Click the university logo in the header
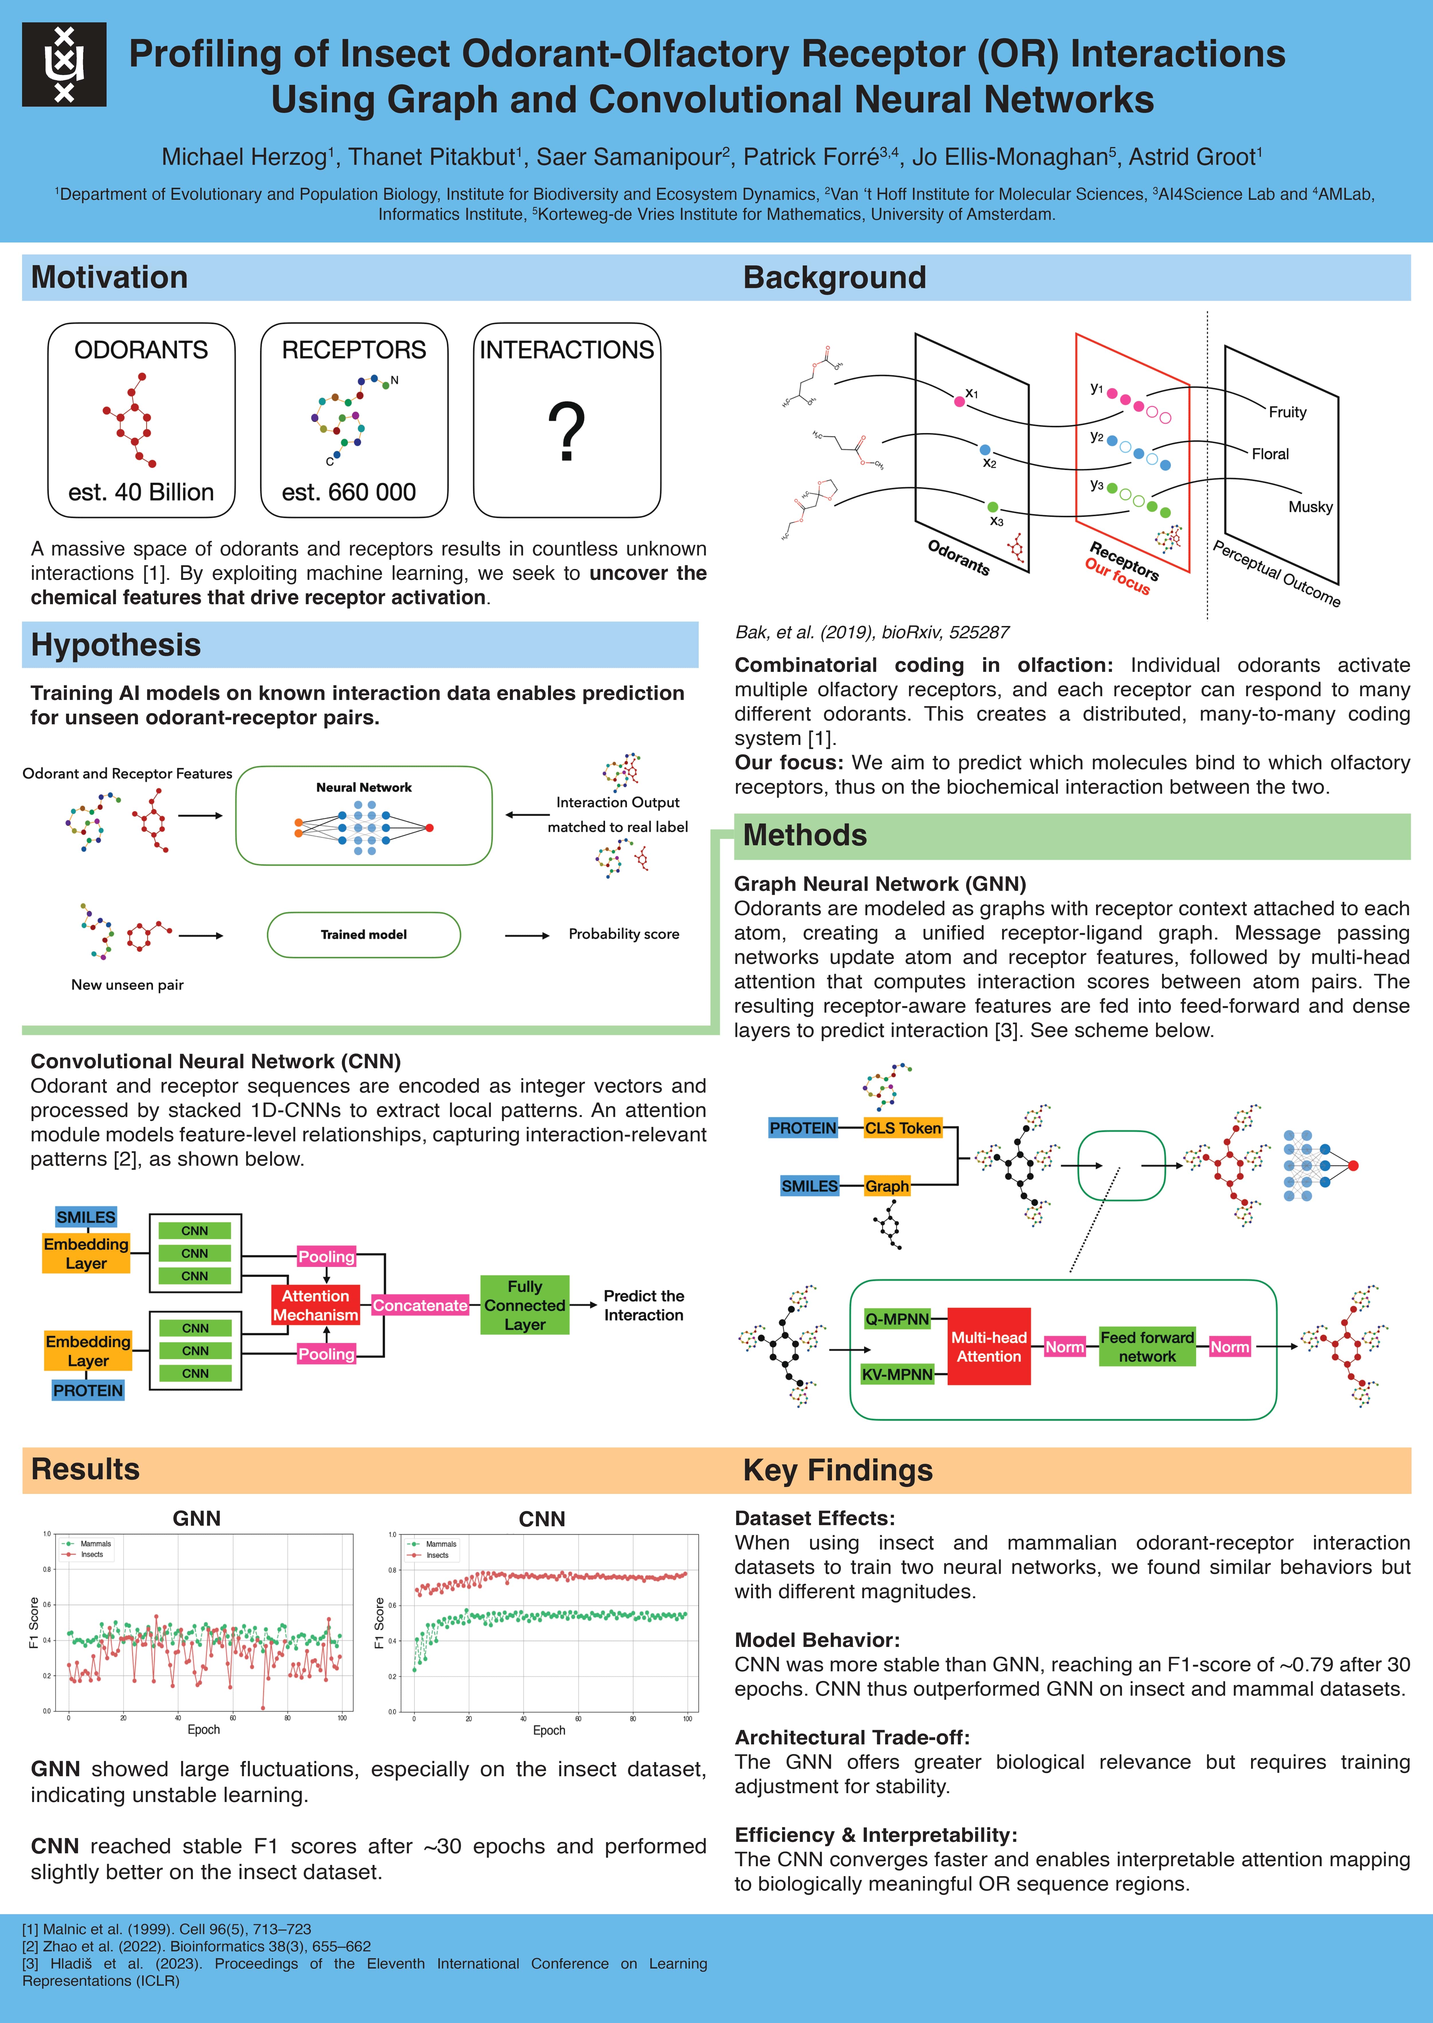point(64,64)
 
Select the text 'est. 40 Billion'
point(141,492)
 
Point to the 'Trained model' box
point(364,935)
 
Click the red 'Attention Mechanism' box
point(315,1305)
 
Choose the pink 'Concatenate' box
point(420,1305)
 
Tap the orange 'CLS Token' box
point(903,1128)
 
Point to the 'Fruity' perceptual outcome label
point(1287,412)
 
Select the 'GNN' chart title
point(197,1518)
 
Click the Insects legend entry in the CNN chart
point(437,1555)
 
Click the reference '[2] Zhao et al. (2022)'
point(196,1946)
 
